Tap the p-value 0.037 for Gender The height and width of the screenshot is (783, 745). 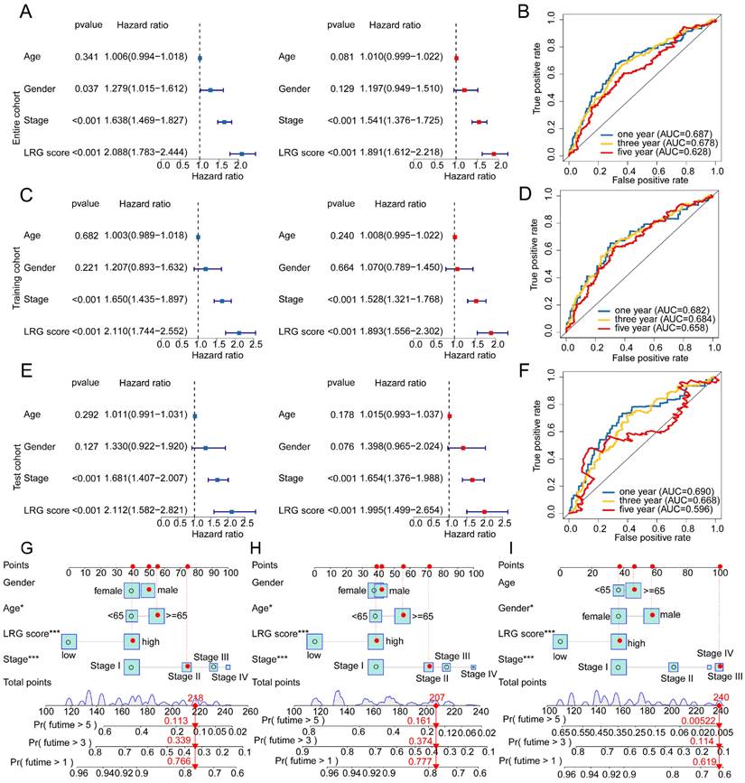click(87, 89)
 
